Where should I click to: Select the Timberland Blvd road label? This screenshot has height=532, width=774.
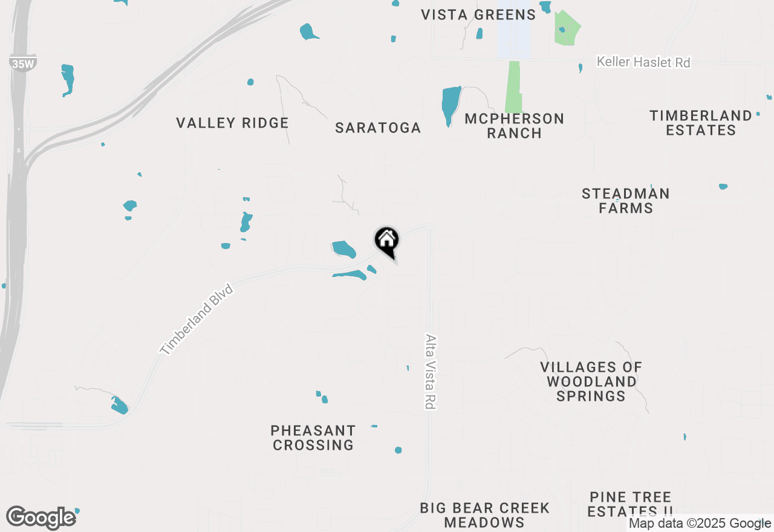(196, 319)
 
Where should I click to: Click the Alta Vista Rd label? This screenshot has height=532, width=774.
(431, 372)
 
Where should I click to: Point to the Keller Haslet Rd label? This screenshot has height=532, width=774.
(643, 62)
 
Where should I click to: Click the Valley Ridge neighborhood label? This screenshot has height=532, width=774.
(232, 123)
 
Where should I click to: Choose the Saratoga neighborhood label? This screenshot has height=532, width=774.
(378, 128)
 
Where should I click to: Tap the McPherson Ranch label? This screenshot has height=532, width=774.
(514, 126)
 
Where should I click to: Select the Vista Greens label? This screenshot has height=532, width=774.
(478, 15)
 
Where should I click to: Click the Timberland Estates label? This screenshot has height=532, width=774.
(701, 123)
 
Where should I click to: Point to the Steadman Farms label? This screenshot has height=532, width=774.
(626, 201)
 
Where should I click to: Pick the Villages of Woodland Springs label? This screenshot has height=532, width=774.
(591, 381)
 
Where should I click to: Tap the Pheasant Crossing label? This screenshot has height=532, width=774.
(313, 438)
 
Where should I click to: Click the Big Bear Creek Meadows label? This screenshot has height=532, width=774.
(484, 515)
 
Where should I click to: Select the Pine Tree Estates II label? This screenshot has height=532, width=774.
(631, 504)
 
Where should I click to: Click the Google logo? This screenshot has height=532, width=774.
(41, 518)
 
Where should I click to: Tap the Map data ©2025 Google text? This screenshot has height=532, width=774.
(700, 524)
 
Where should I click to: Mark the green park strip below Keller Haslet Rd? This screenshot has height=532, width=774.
(513, 86)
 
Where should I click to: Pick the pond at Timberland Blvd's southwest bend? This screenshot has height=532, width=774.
(120, 405)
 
